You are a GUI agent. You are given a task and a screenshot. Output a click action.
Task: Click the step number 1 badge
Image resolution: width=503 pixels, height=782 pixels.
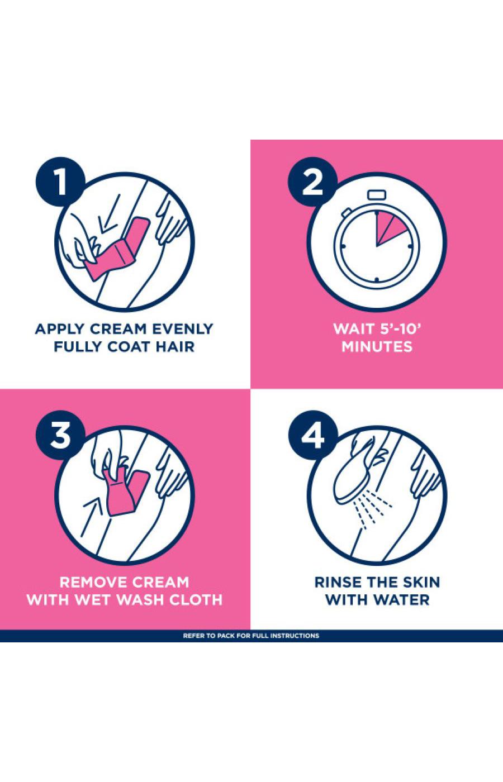tap(60, 183)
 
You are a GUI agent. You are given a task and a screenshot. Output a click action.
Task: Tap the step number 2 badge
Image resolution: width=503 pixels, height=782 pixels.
tap(312, 183)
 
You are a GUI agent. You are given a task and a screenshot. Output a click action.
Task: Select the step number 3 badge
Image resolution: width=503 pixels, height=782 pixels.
tap(60, 436)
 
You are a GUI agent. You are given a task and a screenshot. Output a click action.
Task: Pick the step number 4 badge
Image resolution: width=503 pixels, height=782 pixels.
tap(312, 436)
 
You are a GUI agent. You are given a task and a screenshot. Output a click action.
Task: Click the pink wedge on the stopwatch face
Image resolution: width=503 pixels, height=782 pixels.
tap(385, 228)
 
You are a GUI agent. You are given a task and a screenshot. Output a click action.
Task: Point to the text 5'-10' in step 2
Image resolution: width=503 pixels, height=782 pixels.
tap(395, 328)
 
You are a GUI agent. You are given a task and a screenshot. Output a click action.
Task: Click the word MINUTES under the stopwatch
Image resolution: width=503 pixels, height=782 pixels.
tap(377, 347)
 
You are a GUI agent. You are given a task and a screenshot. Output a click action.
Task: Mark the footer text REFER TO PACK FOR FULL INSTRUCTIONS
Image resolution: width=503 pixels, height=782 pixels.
tap(251, 636)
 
